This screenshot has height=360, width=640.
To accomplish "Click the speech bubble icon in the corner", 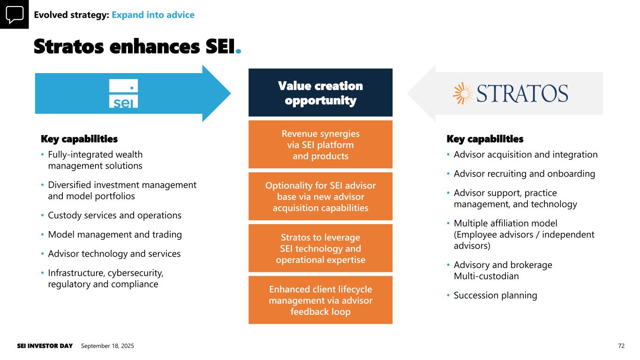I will [x=14, y=14].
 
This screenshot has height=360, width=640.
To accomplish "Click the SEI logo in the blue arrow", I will [x=123, y=93].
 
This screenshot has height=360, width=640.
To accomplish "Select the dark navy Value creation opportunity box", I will [x=320, y=93].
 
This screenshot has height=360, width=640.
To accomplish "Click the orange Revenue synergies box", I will [x=320, y=145].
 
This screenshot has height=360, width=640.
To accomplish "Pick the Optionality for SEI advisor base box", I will [x=320, y=196].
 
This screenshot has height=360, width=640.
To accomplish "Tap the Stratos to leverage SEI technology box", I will [x=320, y=248].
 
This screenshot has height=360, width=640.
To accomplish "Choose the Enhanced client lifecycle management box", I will [x=320, y=300].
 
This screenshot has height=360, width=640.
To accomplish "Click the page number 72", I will [x=621, y=346].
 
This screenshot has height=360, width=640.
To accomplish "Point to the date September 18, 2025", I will [x=107, y=346].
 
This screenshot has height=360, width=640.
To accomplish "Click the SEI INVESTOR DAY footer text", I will [x=45, y=346].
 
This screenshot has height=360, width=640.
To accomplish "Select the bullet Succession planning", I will [x=495, y=295].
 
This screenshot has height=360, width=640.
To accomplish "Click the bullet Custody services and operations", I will [x=114, y=216].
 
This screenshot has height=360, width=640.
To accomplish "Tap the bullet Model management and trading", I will [x=115, y=234].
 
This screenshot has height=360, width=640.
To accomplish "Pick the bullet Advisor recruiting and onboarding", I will [x=524, y=174].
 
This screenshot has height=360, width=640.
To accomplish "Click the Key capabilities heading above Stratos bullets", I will [x=485, y=139].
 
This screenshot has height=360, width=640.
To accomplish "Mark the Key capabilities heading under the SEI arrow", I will [x=79, y=139].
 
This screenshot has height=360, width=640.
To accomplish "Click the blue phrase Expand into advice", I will [x=153, y=15].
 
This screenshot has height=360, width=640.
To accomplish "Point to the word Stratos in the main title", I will [x=69, y=47].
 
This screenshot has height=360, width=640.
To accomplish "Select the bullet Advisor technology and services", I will [x=114, y=254].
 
